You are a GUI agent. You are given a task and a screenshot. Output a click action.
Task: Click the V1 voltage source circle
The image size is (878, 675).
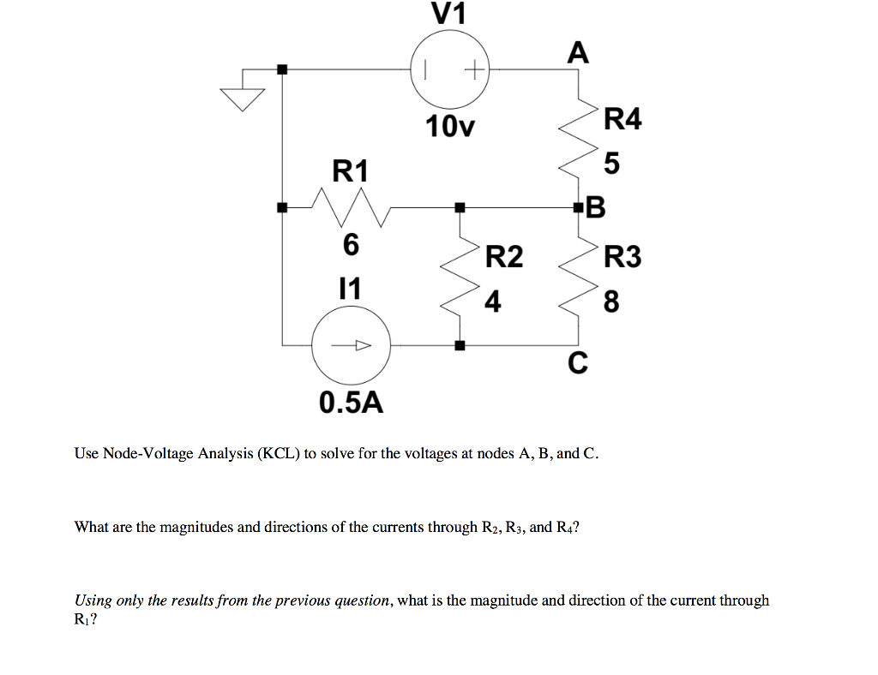tap(449, 69)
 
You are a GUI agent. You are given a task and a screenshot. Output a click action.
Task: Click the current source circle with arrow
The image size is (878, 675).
tap(351, 346)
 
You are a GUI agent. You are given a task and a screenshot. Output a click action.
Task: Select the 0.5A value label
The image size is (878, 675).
tap(351, 402)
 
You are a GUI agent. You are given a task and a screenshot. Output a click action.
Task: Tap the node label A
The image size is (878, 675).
tap(579, 53)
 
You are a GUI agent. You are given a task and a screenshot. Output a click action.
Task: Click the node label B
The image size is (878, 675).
tap(596, 207)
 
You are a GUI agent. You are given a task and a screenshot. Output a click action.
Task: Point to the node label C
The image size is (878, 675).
tap(578, 365)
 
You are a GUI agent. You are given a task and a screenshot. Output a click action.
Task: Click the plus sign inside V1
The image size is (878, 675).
tap(472, 69)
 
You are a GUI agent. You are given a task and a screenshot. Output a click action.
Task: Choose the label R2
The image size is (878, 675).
tap(503, 256)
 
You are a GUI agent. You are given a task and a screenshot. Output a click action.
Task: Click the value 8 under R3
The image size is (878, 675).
tap(610, 302)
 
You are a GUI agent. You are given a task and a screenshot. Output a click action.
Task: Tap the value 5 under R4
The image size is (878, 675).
tap(610, 163)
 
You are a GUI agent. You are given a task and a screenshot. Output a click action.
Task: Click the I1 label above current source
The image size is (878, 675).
tap(350, 287)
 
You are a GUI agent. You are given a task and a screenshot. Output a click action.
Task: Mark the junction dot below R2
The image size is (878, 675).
tap(460, 346)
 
